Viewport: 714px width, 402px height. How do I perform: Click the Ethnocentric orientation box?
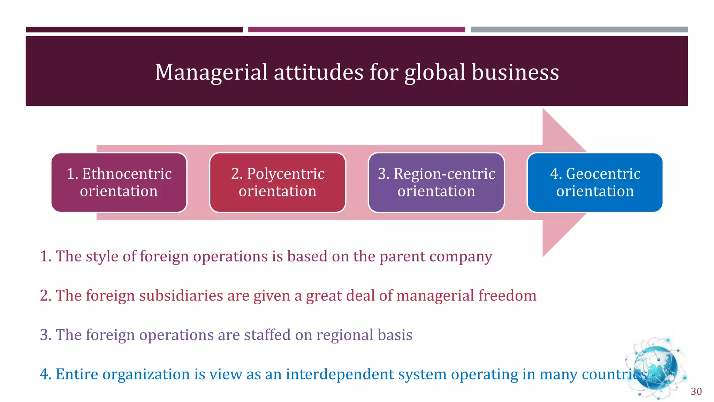tap(119, 183)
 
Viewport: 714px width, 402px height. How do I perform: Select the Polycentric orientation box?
tap(278, 183)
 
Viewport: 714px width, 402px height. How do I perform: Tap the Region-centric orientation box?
tap(436, 183)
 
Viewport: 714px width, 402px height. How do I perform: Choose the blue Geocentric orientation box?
tap(595, 183)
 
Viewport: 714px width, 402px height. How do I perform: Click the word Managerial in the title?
tap(211, 73)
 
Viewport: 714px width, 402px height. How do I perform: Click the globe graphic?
tap(655, 368)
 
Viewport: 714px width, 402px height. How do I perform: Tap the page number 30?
tap(696, 392)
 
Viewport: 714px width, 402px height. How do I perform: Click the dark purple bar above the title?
tap(134, 30)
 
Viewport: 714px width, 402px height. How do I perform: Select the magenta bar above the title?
tap(356, 30)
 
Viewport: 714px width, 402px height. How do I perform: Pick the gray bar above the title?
tap(579, 30)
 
